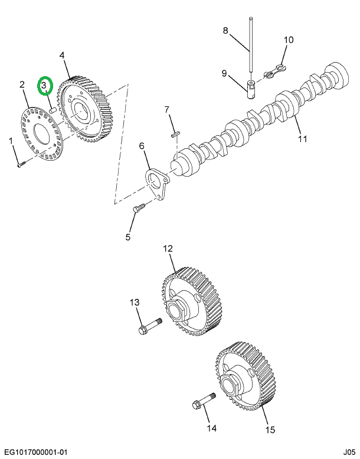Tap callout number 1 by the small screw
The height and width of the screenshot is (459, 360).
pyautogui.click(x=11, y=140)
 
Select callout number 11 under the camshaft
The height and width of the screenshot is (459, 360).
pyautogui.click(x=302, y=139)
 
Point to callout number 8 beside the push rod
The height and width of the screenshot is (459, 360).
pyautogui.click(x=225, y=30)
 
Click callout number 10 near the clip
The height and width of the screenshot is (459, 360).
pyautogui.click(x=289, y=40)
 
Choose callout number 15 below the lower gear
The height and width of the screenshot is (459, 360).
pyautogui.click(x=270, y=429)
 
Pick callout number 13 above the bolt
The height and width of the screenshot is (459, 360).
pyautogui.click(x=134, y=303)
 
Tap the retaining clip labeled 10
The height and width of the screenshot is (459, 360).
pyautogui.click(x=275, y=71)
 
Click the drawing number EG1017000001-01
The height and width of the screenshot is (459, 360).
pyautogui.click(x=35, y=452)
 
